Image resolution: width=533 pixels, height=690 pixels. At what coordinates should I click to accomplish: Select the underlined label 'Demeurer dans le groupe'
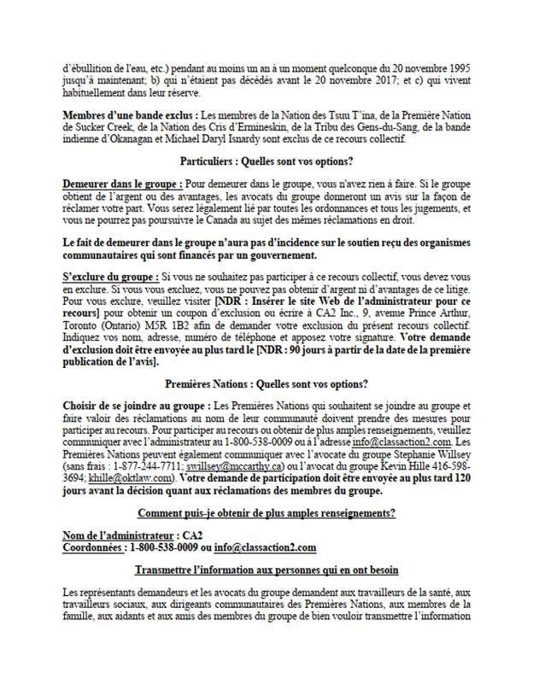pyautogui.click(x=121, y=184)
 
